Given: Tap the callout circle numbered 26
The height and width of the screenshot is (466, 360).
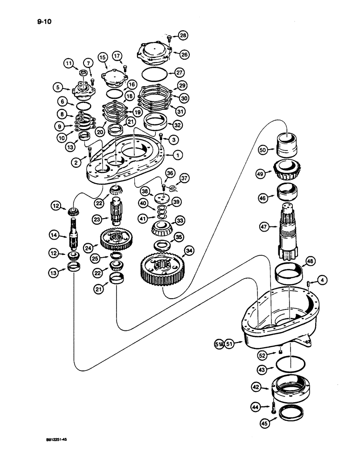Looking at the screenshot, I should pos(184,55).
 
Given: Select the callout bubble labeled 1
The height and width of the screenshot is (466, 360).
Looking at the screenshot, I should pos(179,154).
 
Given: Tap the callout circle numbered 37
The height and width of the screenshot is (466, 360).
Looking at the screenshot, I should pos(184,178).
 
